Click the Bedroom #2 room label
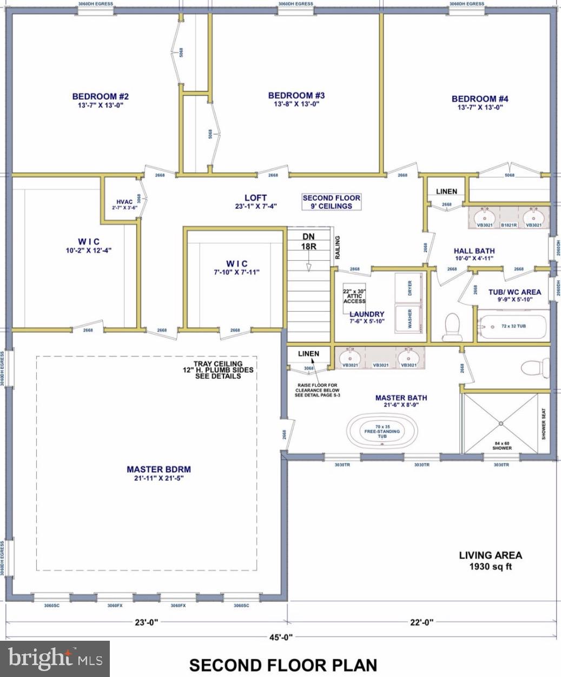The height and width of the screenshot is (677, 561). click(100, 101)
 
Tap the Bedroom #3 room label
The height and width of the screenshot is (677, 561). click(296, 100)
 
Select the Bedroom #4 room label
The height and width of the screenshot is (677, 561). click(480, 102)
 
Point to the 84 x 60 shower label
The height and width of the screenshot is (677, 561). click(501, 445)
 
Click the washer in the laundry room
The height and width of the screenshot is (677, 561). click(410, 319)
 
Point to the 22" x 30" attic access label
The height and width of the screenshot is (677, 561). click(354, 296)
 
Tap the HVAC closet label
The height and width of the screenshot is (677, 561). click(121, 203)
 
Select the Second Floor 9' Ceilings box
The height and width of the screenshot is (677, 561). click(331, 202)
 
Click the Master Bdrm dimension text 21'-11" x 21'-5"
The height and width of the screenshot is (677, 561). click(159, 478)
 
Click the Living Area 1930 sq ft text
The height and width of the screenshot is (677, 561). click(490, 561)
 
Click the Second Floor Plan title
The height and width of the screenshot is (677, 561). click(283, 665)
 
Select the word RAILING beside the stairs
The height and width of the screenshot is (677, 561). click(338, 247)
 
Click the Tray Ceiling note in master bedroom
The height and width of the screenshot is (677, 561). click(217, 370)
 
